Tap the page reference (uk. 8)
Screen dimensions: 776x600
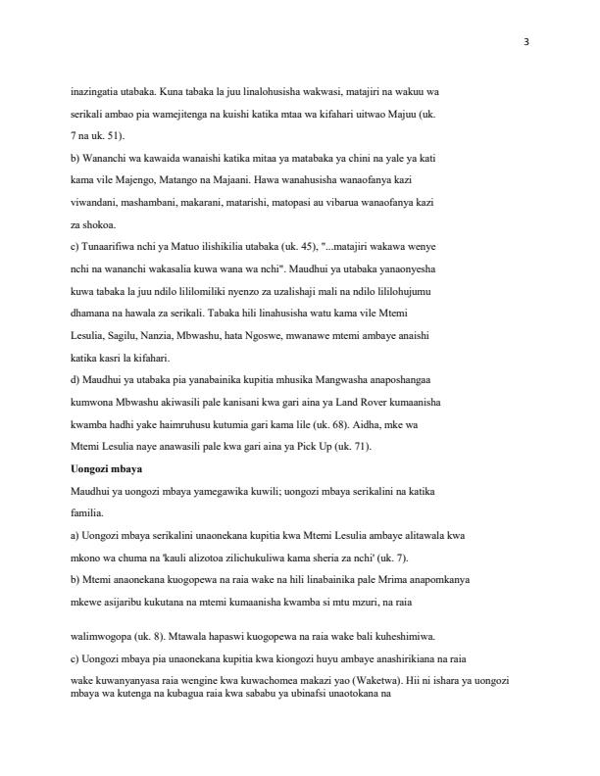[159, 634]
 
